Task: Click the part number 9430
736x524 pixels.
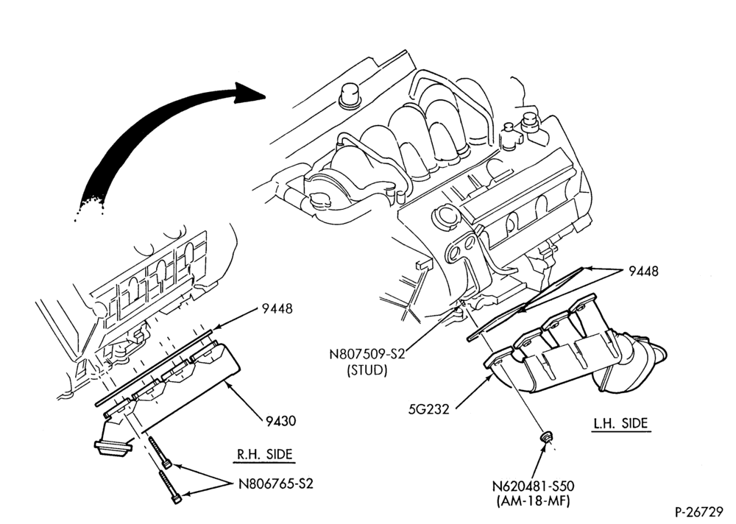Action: pos(280,421)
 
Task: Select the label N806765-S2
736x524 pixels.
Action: pos(275,483)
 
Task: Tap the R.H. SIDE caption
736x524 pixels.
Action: pos(264,454)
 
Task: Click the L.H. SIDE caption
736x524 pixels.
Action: pos(620,423)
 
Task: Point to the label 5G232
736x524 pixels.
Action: pos(428,409)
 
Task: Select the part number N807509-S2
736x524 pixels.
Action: pos(367,353)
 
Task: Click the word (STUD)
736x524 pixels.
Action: pos(367,370)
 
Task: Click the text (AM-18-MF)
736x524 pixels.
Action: pos(533,501)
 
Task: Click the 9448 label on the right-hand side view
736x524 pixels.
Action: pos(277,308)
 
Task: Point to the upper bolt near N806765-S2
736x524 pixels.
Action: pos(160,453)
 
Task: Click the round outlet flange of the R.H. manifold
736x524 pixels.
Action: pos(112,447)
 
